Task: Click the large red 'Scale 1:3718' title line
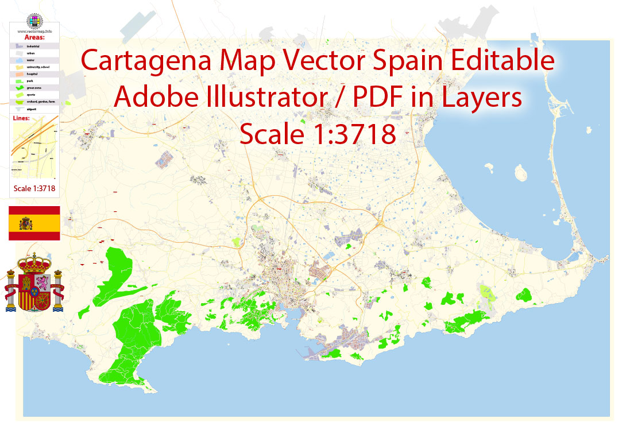pos(318,134)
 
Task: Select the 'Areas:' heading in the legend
pos(34,37)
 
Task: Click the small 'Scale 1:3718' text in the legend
pos(35,188)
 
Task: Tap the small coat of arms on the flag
pos(26,223)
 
